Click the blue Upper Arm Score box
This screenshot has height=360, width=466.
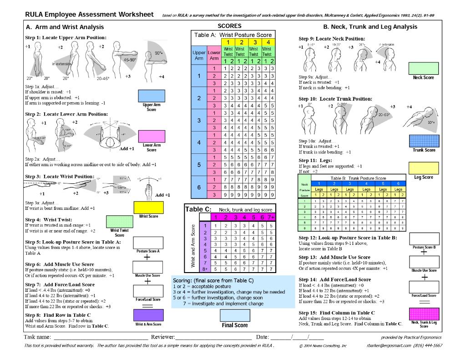(151, 96)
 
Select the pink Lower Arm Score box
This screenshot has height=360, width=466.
(151, 136)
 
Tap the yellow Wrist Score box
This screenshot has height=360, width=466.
(148, 207)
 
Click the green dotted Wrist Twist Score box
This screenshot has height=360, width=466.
(119, 222)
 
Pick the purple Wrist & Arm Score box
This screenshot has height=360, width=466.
(148, 315)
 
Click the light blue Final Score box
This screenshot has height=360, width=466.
(234, 315)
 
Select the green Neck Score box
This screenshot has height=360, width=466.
(424, 68)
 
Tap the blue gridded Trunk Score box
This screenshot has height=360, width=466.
(424, 141)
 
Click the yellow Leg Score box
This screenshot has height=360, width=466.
(424, 168)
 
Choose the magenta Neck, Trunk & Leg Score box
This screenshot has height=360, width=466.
(424, 314)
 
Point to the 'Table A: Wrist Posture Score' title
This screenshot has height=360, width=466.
(233, 35)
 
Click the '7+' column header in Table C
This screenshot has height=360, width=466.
(271, 217)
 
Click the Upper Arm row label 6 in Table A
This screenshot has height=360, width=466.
(198, 188)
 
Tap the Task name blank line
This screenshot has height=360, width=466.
(100, 337)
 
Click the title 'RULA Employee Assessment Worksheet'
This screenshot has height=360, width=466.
(89, 15)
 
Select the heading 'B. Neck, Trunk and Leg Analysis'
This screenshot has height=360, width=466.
(370, 27)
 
